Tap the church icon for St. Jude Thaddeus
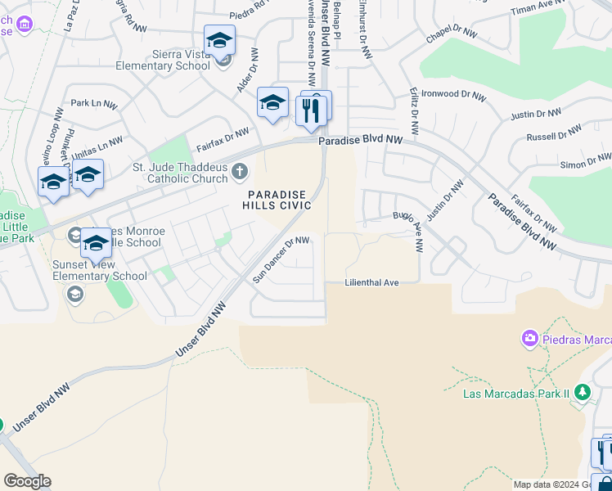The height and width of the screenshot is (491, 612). [x=239, y=171]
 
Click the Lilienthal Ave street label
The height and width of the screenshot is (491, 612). [x=372, y=282]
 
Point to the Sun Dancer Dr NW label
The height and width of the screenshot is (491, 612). [x=281, y=259]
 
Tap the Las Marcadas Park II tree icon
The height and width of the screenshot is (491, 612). [x=583, y=393]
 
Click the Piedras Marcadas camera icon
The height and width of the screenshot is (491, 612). [x=530, y=338]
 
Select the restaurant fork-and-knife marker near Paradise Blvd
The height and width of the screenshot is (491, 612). [x=311, y=110]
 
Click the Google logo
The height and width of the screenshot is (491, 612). [x=27, y=481]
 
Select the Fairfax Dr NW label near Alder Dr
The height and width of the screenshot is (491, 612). [x=223, y=140]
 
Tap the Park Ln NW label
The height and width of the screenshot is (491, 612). [x=94, y=104]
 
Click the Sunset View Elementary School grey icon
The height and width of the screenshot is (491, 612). [x=75, y=294]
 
